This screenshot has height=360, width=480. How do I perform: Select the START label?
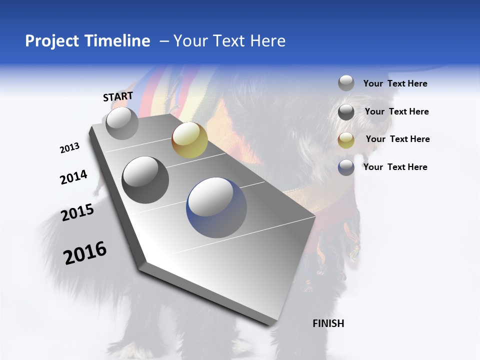[118, 96]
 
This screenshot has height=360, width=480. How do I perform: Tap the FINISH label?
[328, 323]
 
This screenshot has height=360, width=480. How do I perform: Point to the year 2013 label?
[69, 148]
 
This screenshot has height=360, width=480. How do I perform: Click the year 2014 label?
[73, 177]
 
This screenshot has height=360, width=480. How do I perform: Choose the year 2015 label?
[77, 212]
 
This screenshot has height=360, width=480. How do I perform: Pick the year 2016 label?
[85, 253]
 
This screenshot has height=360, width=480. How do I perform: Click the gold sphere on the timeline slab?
[189, 139]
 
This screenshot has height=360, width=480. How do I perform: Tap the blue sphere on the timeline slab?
[216, 207]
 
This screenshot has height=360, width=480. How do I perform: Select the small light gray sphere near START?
[122, 123]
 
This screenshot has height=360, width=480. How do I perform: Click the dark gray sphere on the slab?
[145, 179]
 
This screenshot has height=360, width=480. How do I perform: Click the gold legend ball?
[346, 139]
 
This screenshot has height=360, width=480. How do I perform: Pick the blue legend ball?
[346, 167]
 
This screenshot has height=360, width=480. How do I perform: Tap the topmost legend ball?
[346, 83]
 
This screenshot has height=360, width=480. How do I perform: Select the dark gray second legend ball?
[346, 111]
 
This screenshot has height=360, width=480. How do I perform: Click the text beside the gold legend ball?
[397, 139]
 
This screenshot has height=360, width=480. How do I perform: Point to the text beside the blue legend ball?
[395, 167]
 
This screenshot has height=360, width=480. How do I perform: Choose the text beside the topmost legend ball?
[395, 83]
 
